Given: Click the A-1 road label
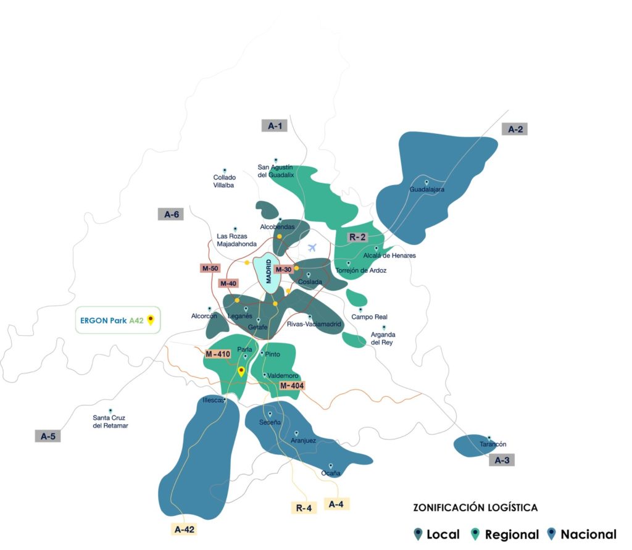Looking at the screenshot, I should click(x=275, y=126).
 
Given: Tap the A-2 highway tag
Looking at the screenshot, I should click(x=515, y=129).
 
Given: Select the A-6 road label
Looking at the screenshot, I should click(x=171, y=215).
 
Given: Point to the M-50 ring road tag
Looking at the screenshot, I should click(x=210, y=268).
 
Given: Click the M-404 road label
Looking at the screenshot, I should click(x=291, y=386).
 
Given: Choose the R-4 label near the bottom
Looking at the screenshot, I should click(x=303, y=508).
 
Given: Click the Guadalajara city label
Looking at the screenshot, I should click(x=427, y=190).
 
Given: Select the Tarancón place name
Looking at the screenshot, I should click(x=493, y=444).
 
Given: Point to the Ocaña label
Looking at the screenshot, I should click(x=331, y=473).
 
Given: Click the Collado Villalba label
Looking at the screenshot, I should click(x=224, y=181).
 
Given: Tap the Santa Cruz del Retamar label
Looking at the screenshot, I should click(x=110, y=422).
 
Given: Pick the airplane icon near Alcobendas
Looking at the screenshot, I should click(x=312, y=248).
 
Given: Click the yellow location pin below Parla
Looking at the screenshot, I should click(x=241, y=372).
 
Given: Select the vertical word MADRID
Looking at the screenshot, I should click(x=268, y=271).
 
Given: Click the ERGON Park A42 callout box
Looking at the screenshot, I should click(x=118, y=320).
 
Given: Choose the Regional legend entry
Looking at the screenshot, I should click(x=505, y=535).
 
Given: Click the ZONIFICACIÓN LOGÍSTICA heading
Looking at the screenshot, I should click(x=475, y=508).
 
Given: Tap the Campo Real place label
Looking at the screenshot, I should click(x=369, y=317).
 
